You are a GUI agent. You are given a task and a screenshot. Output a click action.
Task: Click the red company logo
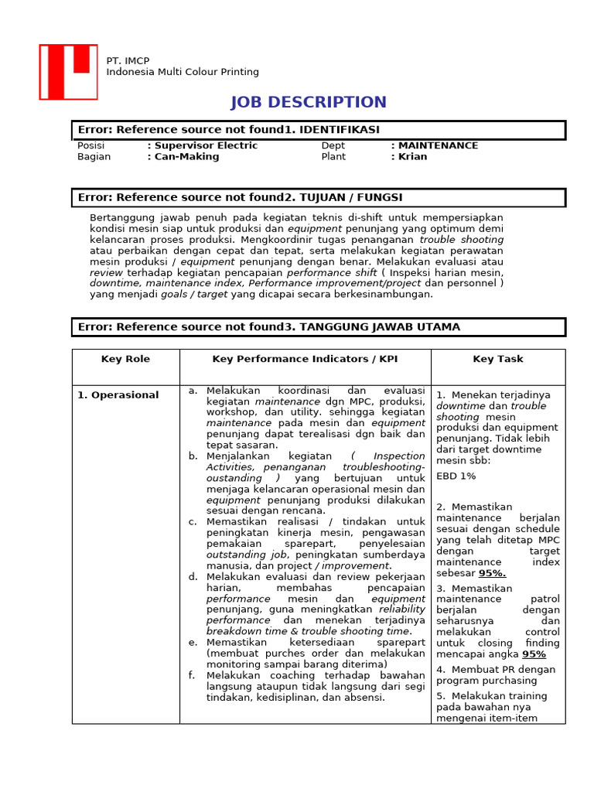pos(68,72)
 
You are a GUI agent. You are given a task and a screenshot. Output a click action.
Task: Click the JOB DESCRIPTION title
pos(309,102)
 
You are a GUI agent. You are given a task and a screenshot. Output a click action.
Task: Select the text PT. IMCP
pos(128,61)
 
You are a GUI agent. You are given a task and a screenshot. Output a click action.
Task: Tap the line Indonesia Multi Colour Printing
pos(183,72)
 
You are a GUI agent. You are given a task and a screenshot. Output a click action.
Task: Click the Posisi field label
pos(90,145)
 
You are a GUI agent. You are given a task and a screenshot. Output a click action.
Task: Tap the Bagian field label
pos(94,156)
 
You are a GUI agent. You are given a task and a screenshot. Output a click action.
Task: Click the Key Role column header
pos(125,359)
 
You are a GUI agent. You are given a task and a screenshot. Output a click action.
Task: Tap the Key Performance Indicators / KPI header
pos(305,359)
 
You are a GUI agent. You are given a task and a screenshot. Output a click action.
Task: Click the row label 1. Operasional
pos(118,394)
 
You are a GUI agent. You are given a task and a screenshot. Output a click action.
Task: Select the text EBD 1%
pos(456,476)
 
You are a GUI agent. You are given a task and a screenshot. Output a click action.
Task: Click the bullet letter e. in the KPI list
pos(193,643)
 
